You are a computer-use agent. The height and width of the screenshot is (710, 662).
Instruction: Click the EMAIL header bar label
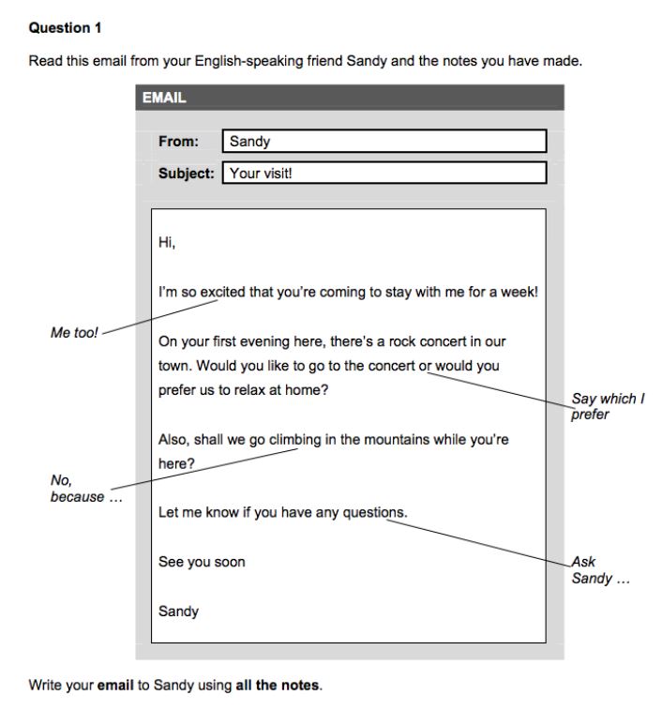pyautogui.click(x=164, y=97)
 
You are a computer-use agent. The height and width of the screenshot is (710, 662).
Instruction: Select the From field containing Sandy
pyautogui.click(x=384, y=142)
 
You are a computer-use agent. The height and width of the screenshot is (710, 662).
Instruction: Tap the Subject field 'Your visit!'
pyautogui.click(x=384, y=173)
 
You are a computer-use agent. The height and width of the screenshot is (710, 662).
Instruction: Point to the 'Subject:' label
pyautogui.click(x=186, y=173)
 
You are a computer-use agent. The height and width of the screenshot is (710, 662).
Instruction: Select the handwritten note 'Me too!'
pyautogui.click(x=74, y=332)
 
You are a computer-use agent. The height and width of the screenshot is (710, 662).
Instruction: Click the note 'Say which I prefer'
pyautogui.click(x=608, y=406)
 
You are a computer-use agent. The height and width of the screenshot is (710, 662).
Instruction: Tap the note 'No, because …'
pyautogui.click(x=77, y=489)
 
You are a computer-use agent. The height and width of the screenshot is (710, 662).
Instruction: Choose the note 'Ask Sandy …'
pyautogui.click(x=600, y=570)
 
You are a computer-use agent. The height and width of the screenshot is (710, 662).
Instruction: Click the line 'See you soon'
pyautogui.click(x=202, y=562)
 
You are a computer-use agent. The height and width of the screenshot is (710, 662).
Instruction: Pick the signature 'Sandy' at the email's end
pyautogui.click(x=178, y=611)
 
